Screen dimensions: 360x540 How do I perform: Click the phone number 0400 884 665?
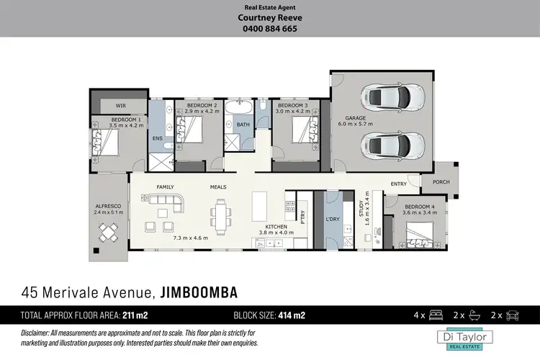tap(269, 29)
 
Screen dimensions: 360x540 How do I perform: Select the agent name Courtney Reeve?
tap(269, 18)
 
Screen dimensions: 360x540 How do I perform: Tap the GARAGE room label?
tap(356, 117)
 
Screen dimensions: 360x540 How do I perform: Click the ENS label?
tap(158, 138)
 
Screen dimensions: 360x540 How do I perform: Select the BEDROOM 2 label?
tap(197, 105)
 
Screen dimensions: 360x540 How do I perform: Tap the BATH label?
tap(243, 125)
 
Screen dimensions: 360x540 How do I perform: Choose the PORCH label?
tap(441, 182)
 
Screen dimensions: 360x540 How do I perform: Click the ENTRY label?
tap(399, 184)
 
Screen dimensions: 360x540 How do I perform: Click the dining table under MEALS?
tap(220, 217)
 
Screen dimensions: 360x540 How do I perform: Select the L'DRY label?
tap(333, 219)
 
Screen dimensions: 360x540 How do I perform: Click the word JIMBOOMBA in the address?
tap(198, 292)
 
